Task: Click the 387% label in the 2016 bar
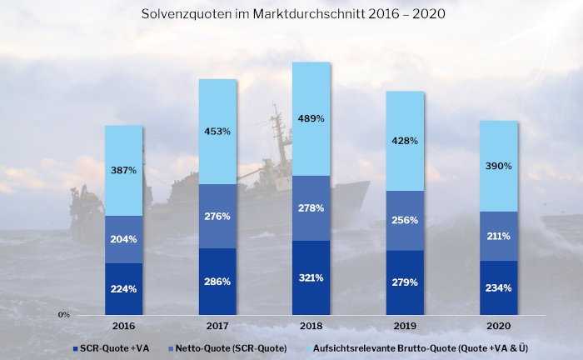point(123,170)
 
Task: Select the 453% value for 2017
point(218,131)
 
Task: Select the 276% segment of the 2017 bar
point(218,217)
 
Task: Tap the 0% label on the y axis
point(63,315)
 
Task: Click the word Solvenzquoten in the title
point(175,13)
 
